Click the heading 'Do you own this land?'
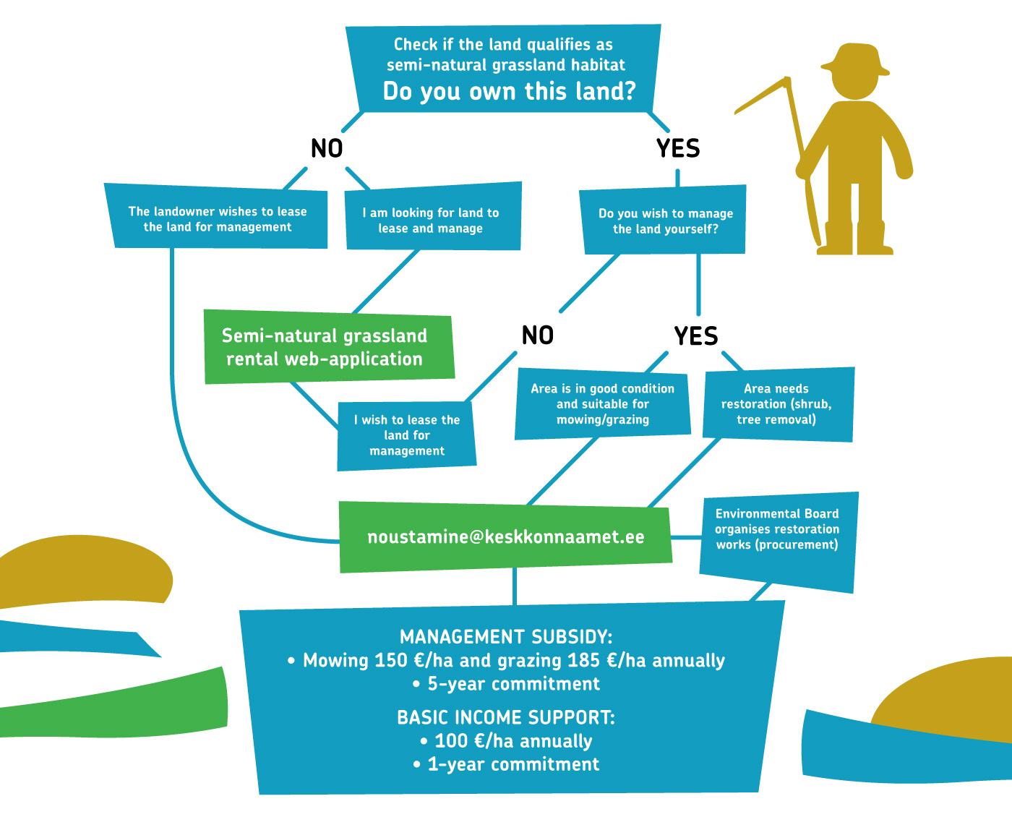point(509,92)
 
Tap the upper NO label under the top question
point(327,148)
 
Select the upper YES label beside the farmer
point(678,148)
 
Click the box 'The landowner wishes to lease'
point(217,218)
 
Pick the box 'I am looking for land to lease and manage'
point(431,221)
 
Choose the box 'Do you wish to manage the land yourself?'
point(665,221)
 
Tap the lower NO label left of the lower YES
point(538,335)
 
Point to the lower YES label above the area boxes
point(696,336)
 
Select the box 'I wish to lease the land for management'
point(407,435)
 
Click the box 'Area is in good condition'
point(602,404)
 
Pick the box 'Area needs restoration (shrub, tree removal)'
point(776,404)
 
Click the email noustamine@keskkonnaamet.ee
point(506,537)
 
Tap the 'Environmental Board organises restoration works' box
point(777,530)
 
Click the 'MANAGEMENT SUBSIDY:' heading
point(506,637)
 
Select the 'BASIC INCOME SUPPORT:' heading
point(506,718)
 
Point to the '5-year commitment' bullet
point(513,684)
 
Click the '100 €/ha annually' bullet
point(513,741)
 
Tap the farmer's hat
point(854,60)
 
